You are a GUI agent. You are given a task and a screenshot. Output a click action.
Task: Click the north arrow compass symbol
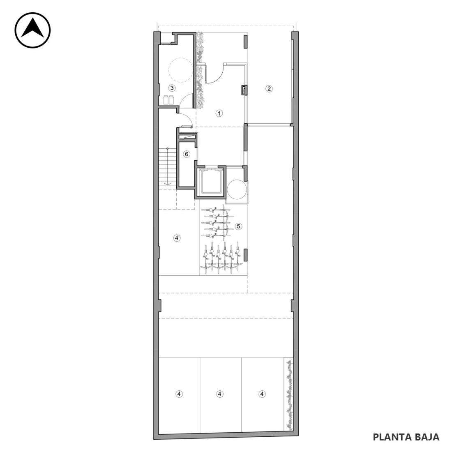[x=32, y=30]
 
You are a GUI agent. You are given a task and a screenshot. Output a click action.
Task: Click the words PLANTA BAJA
[x=406, y=437]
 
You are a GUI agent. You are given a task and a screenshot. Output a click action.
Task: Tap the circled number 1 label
[x=219, y=113]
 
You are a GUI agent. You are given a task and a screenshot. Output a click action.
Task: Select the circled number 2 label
[x=269, y=88]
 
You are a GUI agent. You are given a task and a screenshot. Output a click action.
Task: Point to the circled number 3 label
[x=172, y=88]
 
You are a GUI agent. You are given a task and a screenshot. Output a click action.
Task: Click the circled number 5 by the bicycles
[x=238, y=226]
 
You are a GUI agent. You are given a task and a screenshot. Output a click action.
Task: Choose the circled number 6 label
[x=187, y=154]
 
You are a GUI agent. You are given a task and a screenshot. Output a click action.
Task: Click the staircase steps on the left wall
[x=168, y=167]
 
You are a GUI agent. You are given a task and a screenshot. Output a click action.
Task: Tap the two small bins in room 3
[x=169, y=100]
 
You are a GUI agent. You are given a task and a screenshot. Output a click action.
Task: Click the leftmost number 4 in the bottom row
[x=179, y=394]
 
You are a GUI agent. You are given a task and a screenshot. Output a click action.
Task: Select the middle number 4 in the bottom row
[x=220, y=394]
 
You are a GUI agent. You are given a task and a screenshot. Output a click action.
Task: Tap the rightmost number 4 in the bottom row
[x=262, y=394]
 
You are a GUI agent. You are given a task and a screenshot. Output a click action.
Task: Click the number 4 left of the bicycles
[x=177, y=238]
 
